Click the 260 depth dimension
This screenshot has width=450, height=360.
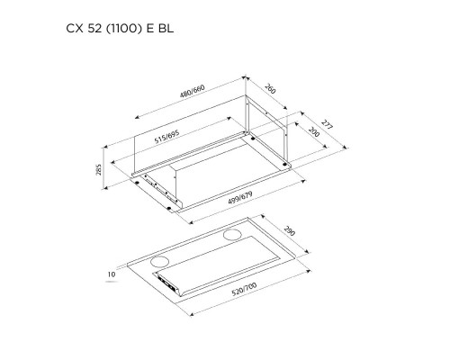pyautogui.click(x=271, y=90)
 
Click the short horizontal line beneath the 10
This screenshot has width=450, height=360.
pyautogui.click(x=113, y=281)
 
